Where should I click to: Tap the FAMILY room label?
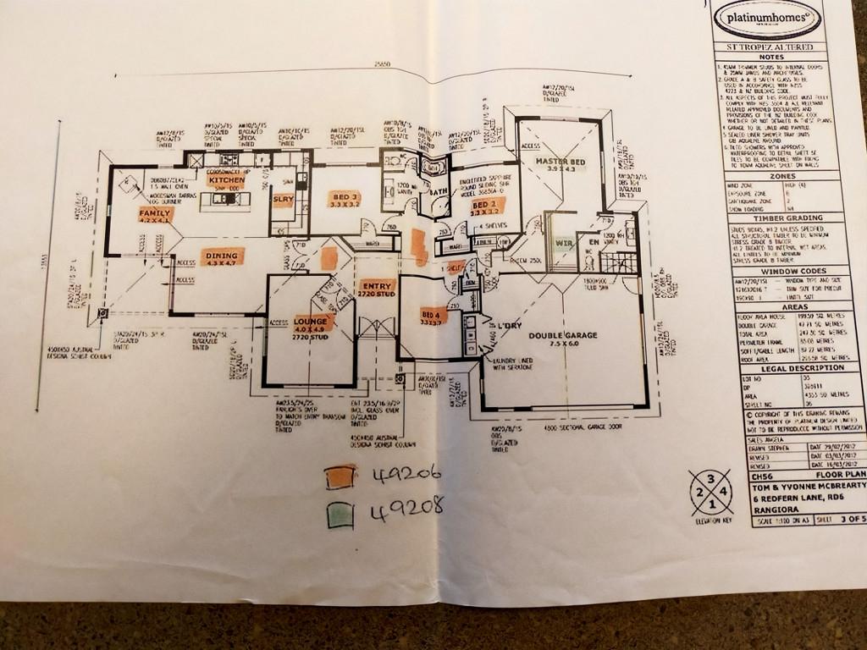[155, 214]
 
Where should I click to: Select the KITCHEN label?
[226, 180]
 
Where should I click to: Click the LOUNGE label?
[312, 321]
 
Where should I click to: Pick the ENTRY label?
[377, 285]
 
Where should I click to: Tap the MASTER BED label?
[560, 162]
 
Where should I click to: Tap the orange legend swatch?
[340, 477]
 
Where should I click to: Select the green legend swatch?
[340, 514]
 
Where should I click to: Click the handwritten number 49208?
[407, 510]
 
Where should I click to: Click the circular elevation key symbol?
[710, 493]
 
